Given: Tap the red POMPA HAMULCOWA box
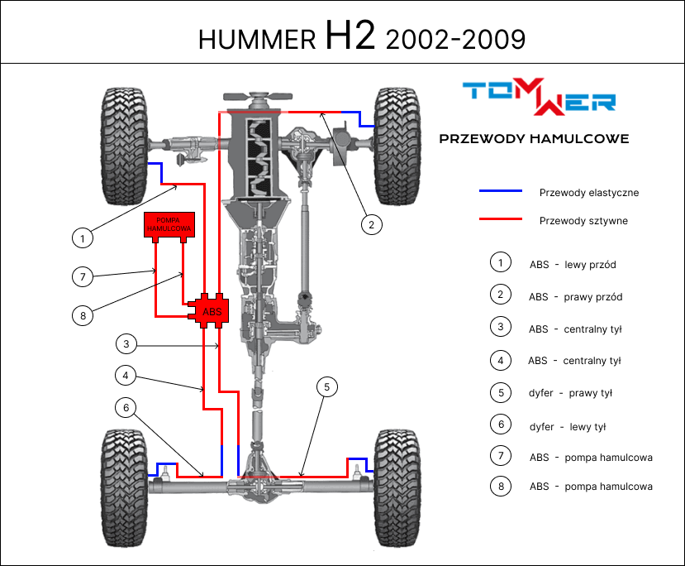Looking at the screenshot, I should click(169, 226).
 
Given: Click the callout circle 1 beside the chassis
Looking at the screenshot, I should click(81, 239).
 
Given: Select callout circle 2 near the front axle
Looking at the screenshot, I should click(372, 223).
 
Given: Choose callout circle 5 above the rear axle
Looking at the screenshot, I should click(327, 386).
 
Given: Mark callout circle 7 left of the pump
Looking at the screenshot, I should click(81, 276).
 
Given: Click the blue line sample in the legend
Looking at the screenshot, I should click(501, 191).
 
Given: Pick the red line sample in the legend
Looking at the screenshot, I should click(501, 219).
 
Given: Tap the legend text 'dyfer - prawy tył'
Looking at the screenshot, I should click(570, 393).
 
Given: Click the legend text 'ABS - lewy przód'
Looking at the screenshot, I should click(572, 265).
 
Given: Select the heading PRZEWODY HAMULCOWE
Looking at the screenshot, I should click(534, 139).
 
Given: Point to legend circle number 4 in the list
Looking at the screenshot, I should click(500, 360).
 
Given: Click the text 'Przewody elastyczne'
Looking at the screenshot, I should click(588, 193).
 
